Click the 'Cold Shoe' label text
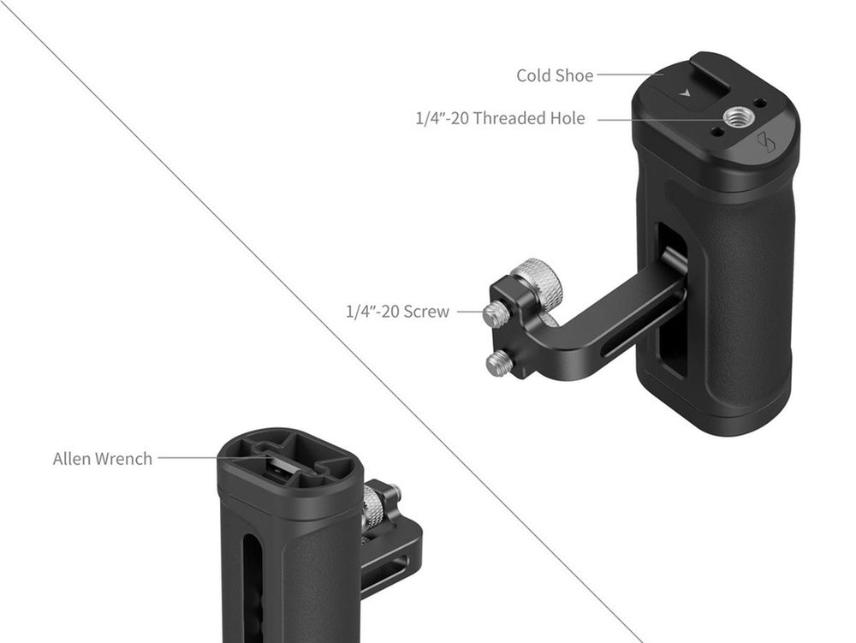coord(555,75)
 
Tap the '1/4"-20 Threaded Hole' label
coord(500,118)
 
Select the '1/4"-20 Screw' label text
coord(397,311)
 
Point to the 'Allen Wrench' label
coord(103,459)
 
